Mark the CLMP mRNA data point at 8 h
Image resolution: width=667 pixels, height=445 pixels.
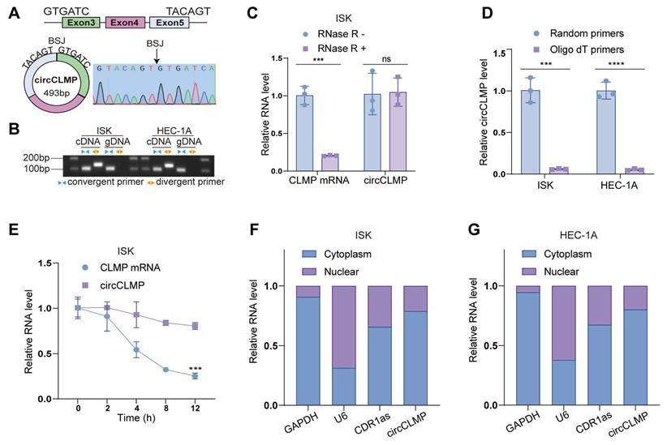tap(166, 370)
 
